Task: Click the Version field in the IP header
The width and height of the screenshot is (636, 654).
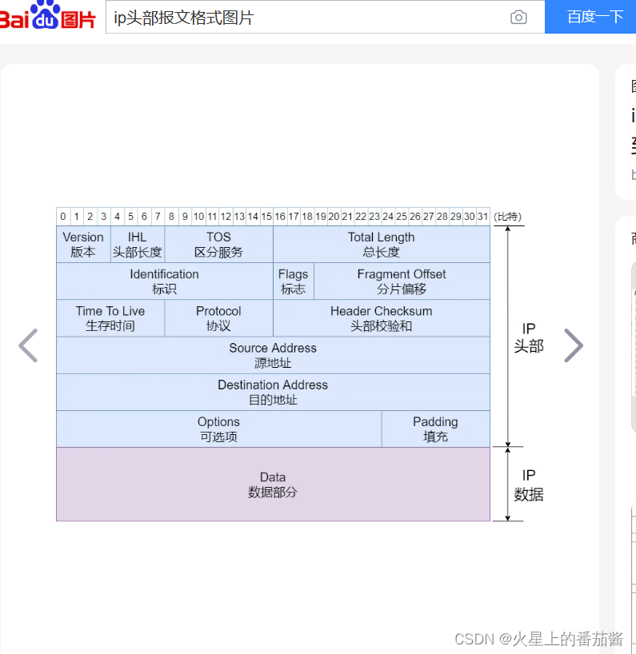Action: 83,244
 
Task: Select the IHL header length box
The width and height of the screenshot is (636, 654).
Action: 137,244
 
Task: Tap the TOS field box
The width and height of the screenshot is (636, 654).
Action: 218,244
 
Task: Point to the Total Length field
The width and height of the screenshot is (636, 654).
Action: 381,244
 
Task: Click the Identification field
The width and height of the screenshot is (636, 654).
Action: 164,281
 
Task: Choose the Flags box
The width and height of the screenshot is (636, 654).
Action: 293,281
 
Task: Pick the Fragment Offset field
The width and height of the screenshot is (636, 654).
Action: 402,281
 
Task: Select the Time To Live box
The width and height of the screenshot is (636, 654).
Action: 110,317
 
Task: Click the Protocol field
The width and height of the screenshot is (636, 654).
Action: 218,317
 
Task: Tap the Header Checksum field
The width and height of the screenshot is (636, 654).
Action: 381,317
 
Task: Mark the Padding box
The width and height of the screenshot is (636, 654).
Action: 435,429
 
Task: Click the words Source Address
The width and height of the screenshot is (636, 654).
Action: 273,348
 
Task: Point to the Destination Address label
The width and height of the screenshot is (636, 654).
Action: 273,385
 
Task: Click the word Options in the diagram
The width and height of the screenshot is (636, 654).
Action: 218,421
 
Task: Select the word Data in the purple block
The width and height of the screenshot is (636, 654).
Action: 273,477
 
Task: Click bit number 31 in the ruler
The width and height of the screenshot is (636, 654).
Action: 482,217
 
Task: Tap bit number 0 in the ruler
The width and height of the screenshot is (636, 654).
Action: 63,217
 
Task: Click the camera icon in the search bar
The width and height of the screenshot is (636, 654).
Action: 518,17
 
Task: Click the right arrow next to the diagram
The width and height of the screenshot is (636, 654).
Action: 574,345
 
